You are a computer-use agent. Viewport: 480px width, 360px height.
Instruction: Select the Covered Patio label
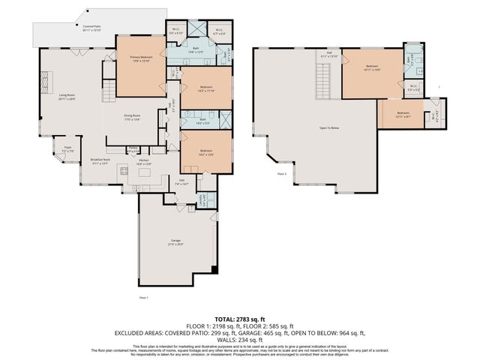coord(93,28)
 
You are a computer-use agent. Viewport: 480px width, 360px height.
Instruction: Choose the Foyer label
coord(67,149)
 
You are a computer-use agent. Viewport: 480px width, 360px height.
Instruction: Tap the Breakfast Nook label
coord(100,161)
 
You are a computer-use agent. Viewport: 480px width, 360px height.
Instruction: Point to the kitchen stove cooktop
coord(124,173)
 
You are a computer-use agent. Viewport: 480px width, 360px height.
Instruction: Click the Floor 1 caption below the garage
coord(144,298)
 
